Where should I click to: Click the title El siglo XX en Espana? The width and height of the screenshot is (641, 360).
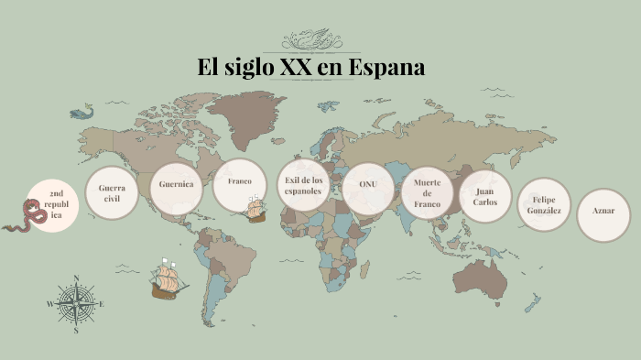[x=311, y=68]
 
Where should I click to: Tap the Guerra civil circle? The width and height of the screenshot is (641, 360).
[x=112, y=193]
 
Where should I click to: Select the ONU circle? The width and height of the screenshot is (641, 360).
[x=368, y=188]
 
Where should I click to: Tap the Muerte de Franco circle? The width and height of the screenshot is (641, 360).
[x=428, y=193]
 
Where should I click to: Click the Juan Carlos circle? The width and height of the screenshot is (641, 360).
[x=485, y=196]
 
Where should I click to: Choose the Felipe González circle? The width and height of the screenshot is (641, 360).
[x=545, y=205]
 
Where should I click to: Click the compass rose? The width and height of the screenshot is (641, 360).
[x=76, y=303]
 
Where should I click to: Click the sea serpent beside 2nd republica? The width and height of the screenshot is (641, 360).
[x=26, y=219]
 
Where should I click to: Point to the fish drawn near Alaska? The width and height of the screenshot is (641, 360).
[x=82, y=113]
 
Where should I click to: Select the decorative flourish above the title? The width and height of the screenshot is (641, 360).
[x=310, y=40]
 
